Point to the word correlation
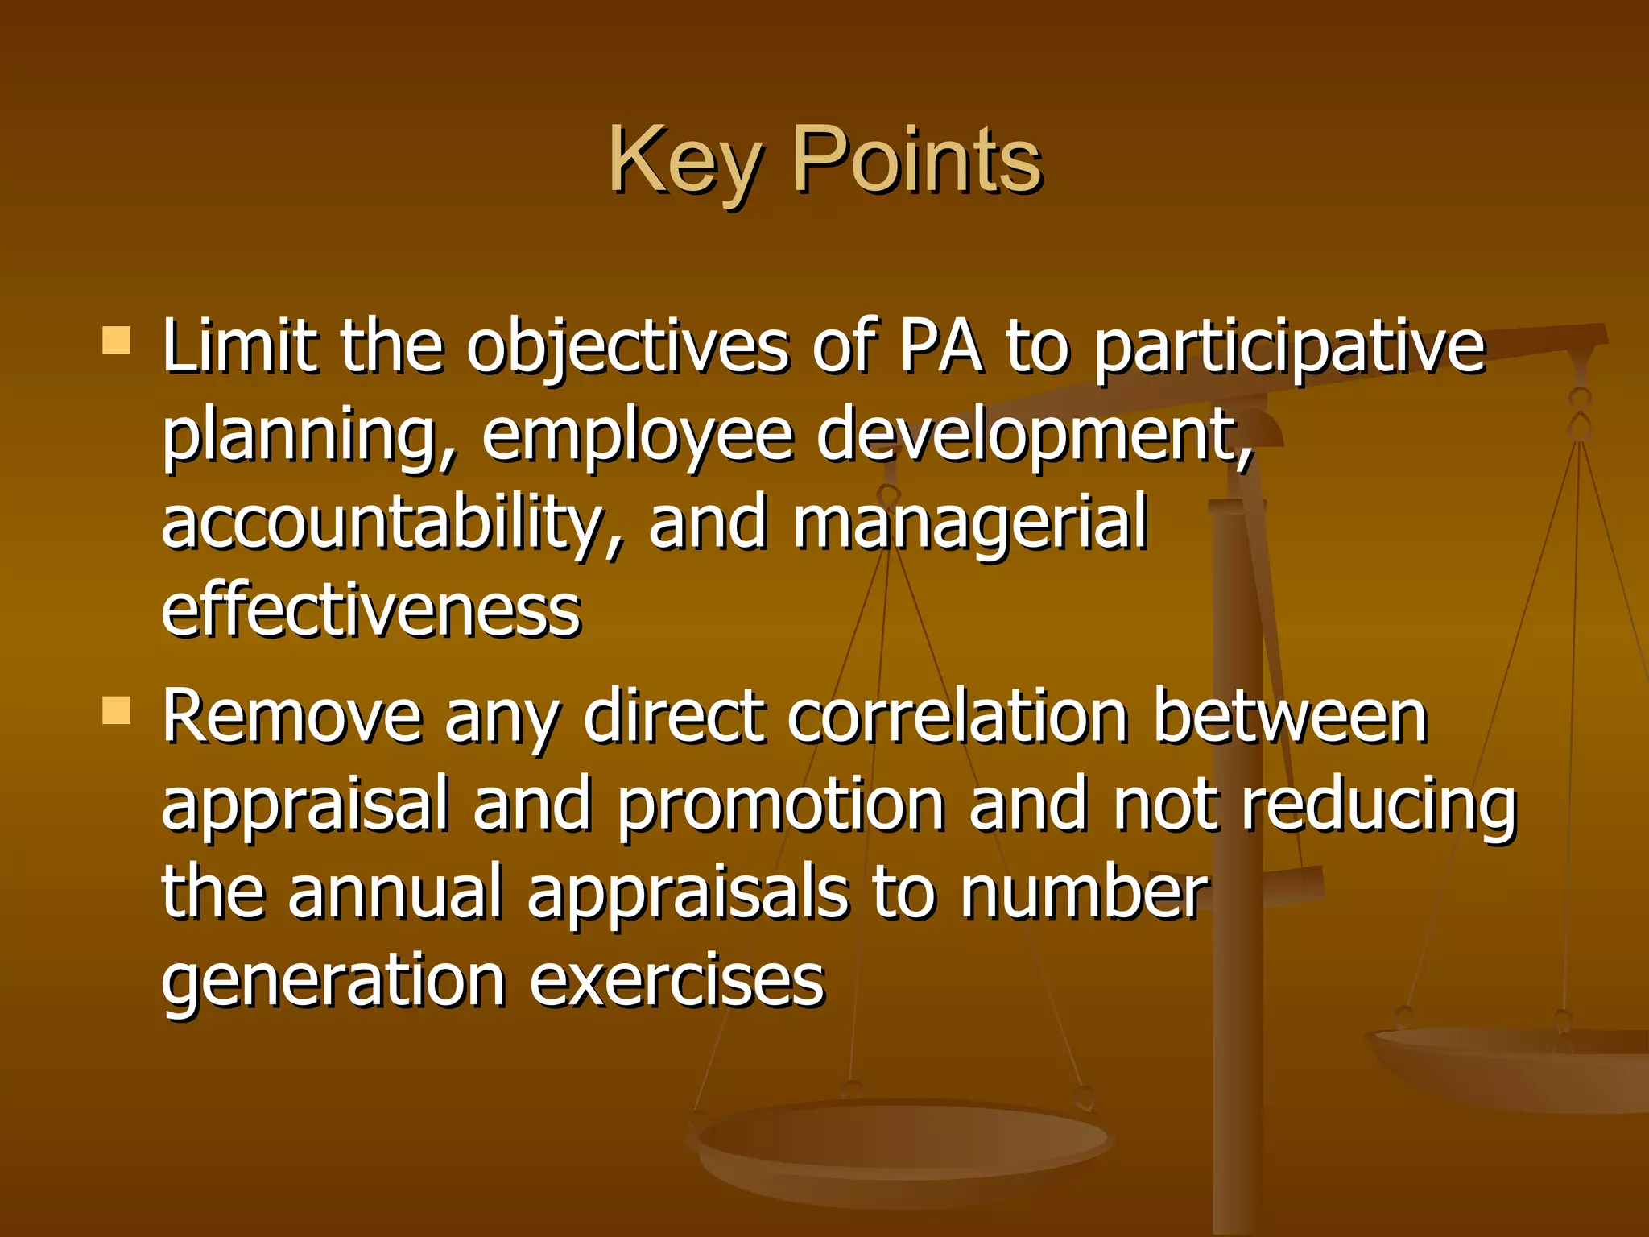(958, 717)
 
